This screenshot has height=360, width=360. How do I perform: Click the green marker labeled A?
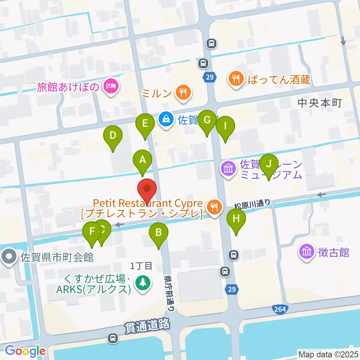click(142, 161)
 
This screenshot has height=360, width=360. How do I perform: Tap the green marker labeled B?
click(158, 234)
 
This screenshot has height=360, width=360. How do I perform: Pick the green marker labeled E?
click(145, 124)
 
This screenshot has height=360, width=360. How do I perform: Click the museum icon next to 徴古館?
click(307, 252)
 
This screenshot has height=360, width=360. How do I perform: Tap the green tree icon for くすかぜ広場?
click(142, 282)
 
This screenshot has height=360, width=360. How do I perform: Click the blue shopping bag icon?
click(166, 120)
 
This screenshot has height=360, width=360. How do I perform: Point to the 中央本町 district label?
click(319, 103)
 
